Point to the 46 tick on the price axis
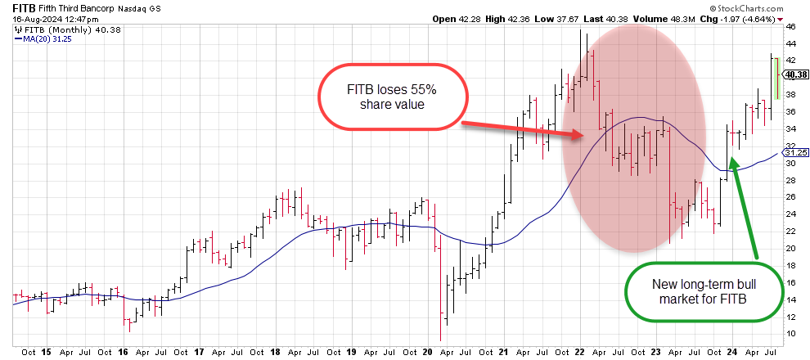[790, 26]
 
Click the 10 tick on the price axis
[790, 334]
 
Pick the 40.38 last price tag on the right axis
[795, 74]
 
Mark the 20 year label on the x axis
[425, 352]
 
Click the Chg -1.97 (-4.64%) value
[745, 18]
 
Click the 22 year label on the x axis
[578, 352]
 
